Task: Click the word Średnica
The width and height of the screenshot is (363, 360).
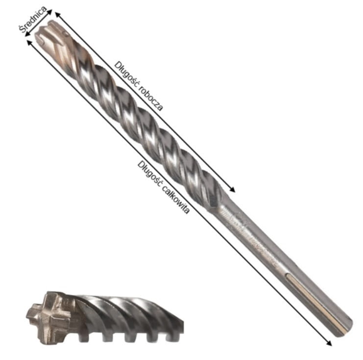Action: [32, 19]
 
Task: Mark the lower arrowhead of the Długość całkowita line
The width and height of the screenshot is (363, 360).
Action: [329, 343]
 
